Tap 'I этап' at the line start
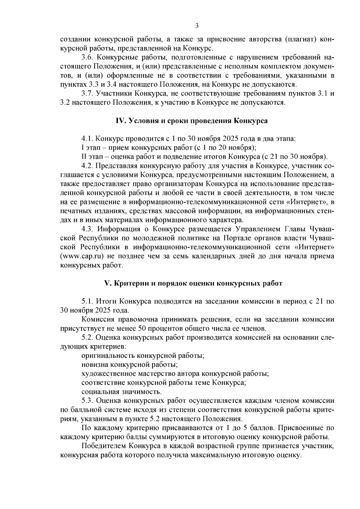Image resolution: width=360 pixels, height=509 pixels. [90, 148]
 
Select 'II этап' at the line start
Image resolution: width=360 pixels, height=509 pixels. [91, 157]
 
